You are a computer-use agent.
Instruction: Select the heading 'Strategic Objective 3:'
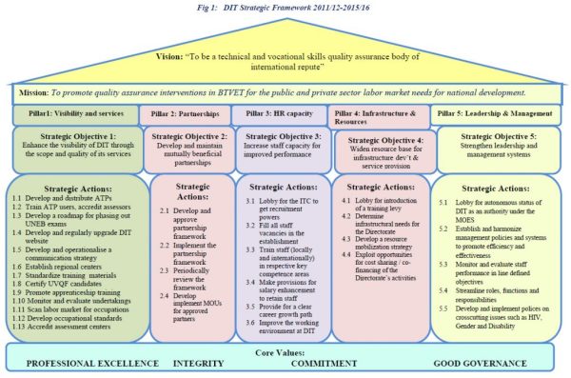[x=283, y=135]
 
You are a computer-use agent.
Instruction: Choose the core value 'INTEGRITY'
[x=198, y=364]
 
